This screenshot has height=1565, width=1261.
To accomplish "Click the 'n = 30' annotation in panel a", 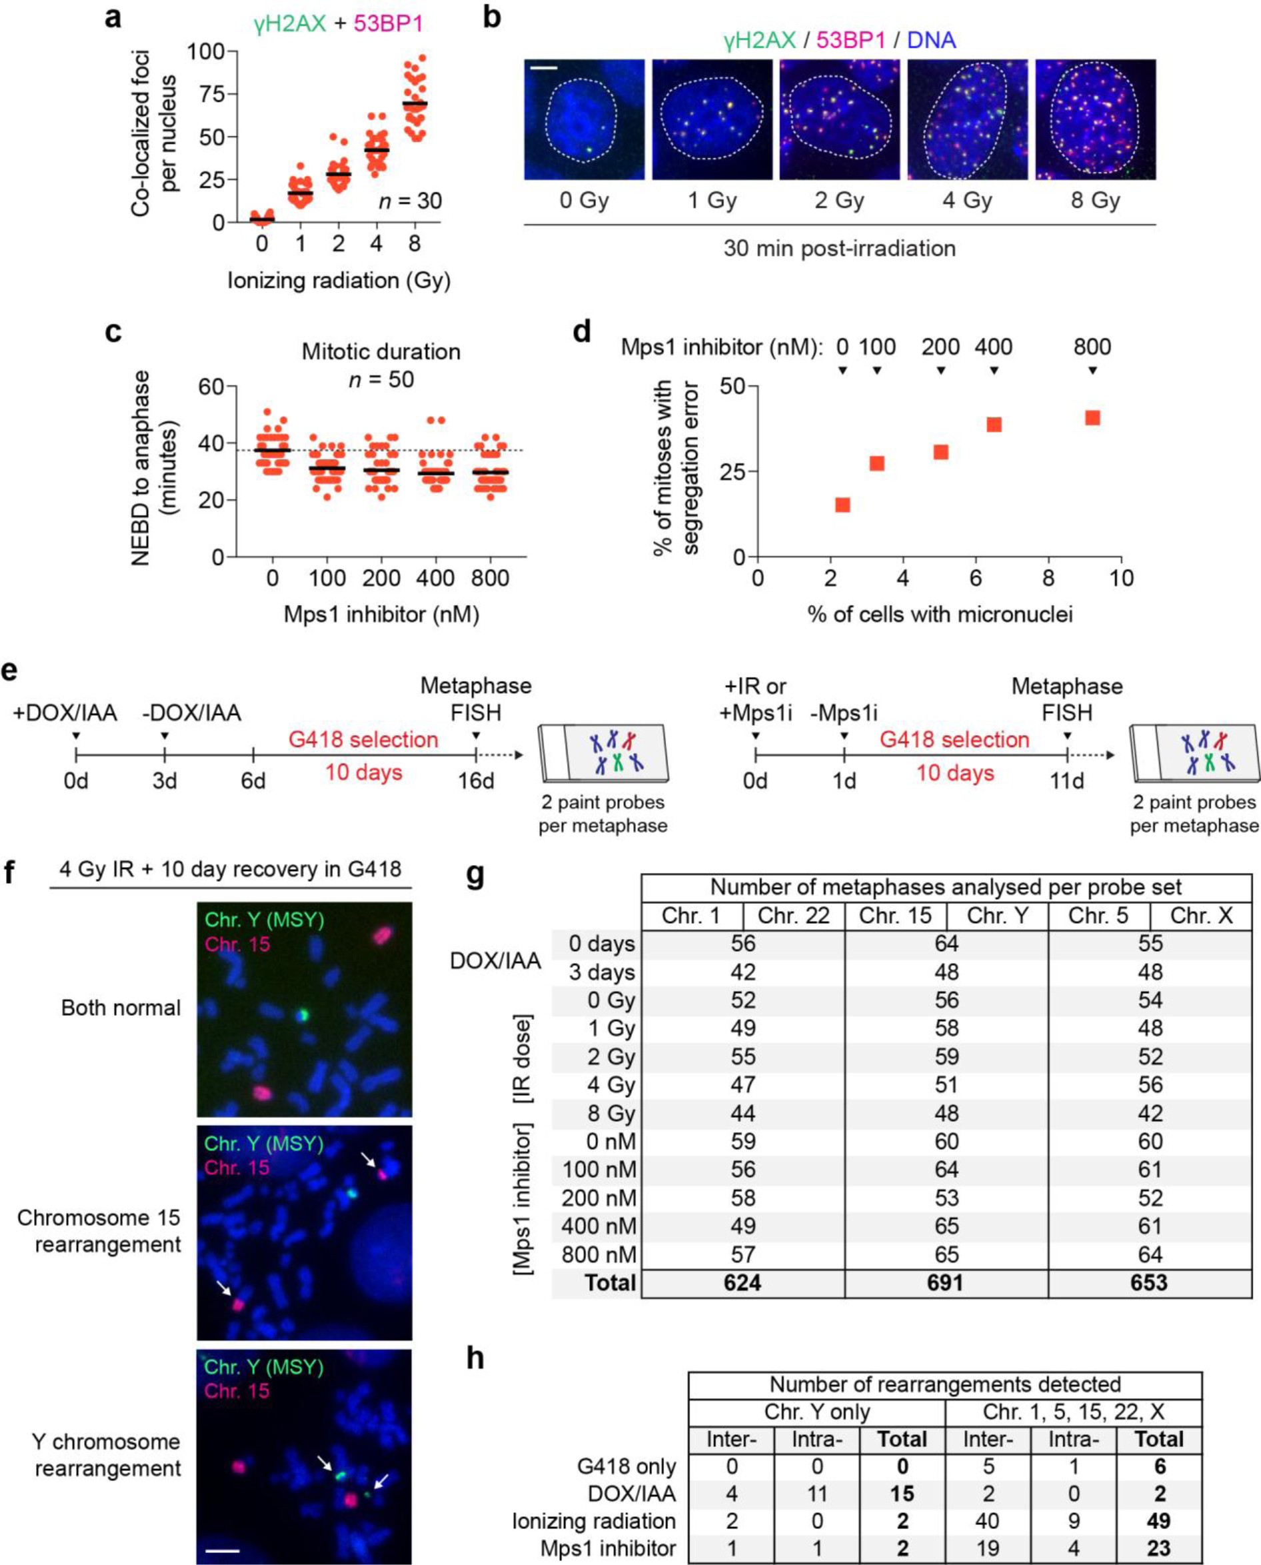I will [410, 201].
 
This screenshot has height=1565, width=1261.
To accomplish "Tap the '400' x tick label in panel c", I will [436, 578].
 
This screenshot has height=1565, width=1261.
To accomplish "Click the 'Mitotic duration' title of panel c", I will [381, 351].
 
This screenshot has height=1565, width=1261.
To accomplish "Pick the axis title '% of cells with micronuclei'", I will [940, 615].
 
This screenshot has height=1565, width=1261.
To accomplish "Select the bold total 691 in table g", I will [946, 1282].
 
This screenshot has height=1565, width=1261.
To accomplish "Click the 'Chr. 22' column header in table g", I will [793, 915].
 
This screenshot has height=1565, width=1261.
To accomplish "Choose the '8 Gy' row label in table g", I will [612, 1113].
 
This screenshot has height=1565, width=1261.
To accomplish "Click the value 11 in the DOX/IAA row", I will [817, 1494].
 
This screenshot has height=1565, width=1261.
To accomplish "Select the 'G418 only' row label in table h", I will [626, 1466].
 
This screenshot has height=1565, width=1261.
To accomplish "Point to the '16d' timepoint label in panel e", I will [476, 781].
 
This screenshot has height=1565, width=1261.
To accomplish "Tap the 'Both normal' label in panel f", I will [121, 1008].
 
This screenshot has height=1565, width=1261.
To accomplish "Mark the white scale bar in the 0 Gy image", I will [544, 69].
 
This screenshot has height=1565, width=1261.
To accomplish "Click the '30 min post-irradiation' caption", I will [839, 249].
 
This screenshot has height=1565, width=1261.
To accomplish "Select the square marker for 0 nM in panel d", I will [842, 505].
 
